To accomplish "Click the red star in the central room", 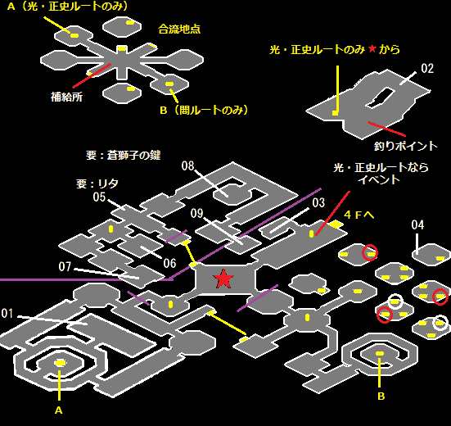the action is pyautogui.click(x=223, y=279).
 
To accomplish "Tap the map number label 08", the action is pyautogui.click(x=187, y=165).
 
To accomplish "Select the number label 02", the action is pyautogui.click(x=427, y=69).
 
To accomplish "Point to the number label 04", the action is pyautogui.click(x=417, y=224).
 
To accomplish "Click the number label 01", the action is pyautogui.click(x=7, y=313).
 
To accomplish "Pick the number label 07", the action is pyautogui.click(x=65, y=266).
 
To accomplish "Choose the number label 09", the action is pyautogui.click(x=196, y=213).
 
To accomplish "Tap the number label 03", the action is pyautogui.click(x=318, y=202).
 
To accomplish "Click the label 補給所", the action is pyautogui.click(x=67, y=97).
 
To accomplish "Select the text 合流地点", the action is pyautogui.click(x=179, y=29).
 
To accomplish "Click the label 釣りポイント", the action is pyautogui.click(x=405, y=146).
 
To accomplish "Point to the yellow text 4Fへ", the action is pyautogui.click(x=359, y=215).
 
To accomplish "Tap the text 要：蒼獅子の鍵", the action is pyautogui.click(x=124, y=156).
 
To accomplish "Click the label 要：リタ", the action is pyautogui.click(x=97, y=184).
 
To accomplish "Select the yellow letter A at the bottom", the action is pyautogui.click(x=59, y=410).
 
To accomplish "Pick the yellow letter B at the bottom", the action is pyautogui.click(x=381, y=397).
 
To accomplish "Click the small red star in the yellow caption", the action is pyautogui.click(x=372, y=48).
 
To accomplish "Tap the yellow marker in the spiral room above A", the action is pyautogui.click(x=61, y=363).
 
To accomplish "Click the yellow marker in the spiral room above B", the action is pyautogui.click(x=380, y=353).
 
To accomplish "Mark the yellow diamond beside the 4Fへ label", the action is pyautogui.click(x=336, y=224).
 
